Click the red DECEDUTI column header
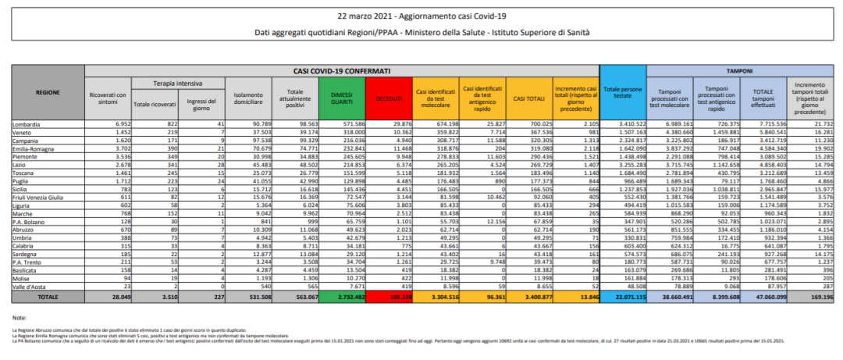tap(388, 98)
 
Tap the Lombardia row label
tap(28, 124)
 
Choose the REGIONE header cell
tap(48, 92)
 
